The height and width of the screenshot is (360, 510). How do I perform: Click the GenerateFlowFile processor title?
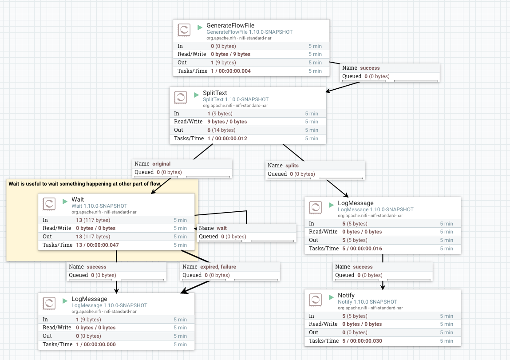(230, 25)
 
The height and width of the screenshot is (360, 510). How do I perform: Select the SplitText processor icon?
(180, 98)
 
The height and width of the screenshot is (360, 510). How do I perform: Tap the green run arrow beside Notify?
(331, 297)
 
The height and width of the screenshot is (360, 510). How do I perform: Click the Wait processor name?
(78, 199)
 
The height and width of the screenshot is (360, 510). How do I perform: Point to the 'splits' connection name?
(292, 166)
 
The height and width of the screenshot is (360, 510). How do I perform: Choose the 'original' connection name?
(161, 164)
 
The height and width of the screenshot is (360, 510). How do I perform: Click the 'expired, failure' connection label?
(218, 267)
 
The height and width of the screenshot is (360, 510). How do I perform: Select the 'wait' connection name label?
(221, 228)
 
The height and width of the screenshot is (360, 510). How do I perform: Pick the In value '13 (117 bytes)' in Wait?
(93, 220)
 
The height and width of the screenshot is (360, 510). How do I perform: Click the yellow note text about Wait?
(84, 183)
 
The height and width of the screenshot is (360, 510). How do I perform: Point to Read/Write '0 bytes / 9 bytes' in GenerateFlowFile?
(230, 54)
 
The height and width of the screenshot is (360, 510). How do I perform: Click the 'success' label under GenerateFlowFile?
(370, 68)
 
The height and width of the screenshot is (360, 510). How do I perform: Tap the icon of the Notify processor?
(315, 300)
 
